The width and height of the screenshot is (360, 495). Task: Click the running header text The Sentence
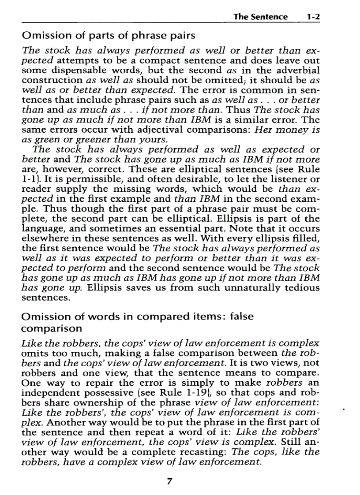click(x=260, y=17)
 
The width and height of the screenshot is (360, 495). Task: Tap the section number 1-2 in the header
click(x=313, y=17)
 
